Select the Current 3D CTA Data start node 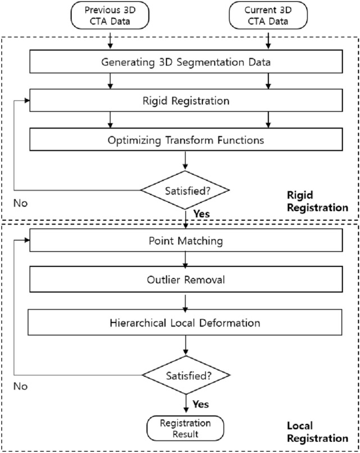coord(269,16)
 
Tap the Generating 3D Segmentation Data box coord(185,62)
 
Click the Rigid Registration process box coord(185,101)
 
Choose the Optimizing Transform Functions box coord(185,140)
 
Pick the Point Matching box coord(185,242)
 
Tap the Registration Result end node coord(185,428)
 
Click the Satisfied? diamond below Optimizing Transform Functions coord(185,189)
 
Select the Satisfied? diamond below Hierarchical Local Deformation coord(185,374)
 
